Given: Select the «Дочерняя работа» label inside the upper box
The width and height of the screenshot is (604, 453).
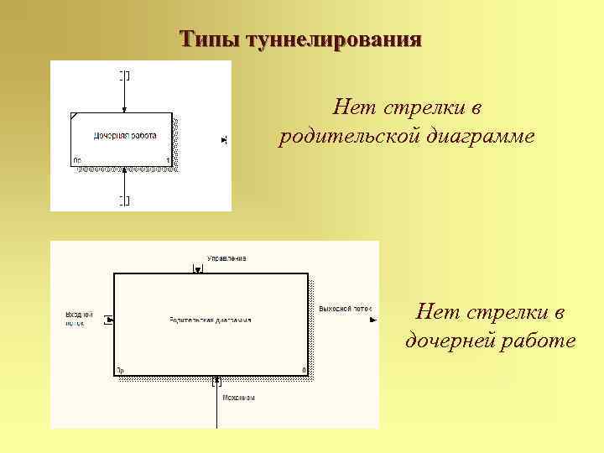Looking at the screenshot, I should tap(125, 134).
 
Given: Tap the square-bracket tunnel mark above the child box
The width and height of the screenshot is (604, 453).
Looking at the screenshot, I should tap(124, 75).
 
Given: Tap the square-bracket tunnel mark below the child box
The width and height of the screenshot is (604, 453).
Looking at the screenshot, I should tap(124, 200).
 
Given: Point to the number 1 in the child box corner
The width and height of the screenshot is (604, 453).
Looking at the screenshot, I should tap(168, 159).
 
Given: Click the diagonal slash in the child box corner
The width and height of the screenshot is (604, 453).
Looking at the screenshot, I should tap(75, 116).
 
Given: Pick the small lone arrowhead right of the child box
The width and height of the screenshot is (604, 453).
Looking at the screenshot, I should tap(223, 139).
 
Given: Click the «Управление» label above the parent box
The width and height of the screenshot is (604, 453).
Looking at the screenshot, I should tap(226, 258).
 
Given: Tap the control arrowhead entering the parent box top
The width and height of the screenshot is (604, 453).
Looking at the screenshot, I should tap(198, 270).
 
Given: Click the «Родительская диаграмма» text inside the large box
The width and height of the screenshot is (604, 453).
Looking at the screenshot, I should tap(210, 320).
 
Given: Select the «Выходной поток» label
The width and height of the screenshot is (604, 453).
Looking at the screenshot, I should tap(344, 309).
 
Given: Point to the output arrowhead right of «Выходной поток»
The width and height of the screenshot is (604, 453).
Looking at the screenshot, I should tap(373, 319).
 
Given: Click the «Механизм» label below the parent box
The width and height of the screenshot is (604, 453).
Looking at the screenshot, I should tap(238, 398).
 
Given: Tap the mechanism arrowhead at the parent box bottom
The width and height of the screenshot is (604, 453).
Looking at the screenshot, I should tap(217, 380).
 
